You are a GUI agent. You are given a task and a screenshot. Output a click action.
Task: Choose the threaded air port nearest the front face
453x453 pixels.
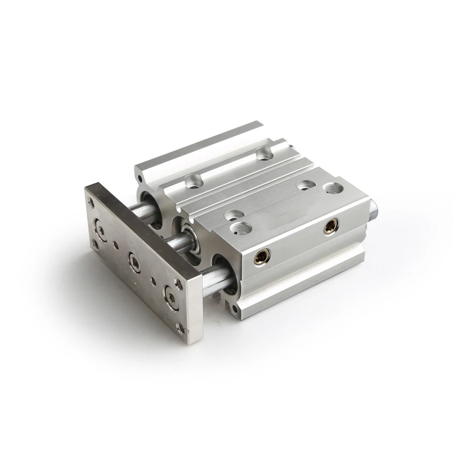pyautogui.click(x=240, y=228)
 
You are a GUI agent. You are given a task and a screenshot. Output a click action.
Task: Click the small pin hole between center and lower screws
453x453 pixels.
pyautogui.click(x=153, y=278)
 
